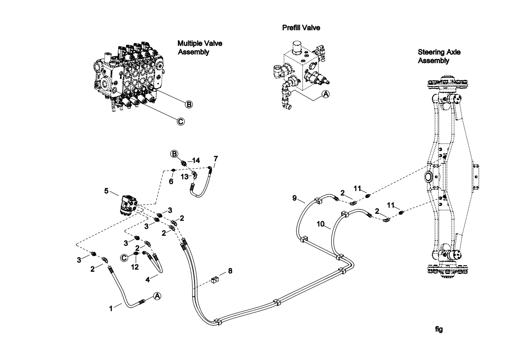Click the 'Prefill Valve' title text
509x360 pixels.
301,28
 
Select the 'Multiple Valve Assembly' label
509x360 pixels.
200,48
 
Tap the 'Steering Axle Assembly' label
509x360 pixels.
439,56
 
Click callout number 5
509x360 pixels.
106,191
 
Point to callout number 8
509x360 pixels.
230,271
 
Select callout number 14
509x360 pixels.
196,160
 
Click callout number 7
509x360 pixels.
216,159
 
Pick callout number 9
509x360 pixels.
294,198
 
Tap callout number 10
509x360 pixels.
321,224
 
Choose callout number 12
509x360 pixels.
135,267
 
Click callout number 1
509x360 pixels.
111,308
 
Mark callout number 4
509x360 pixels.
148,280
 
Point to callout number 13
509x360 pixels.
184,177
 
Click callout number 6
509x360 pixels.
171,181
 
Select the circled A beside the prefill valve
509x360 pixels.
325,94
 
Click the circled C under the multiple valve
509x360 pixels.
180,122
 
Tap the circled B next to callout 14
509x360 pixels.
175,154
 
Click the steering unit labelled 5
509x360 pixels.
129,205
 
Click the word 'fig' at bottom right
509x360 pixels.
439,329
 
